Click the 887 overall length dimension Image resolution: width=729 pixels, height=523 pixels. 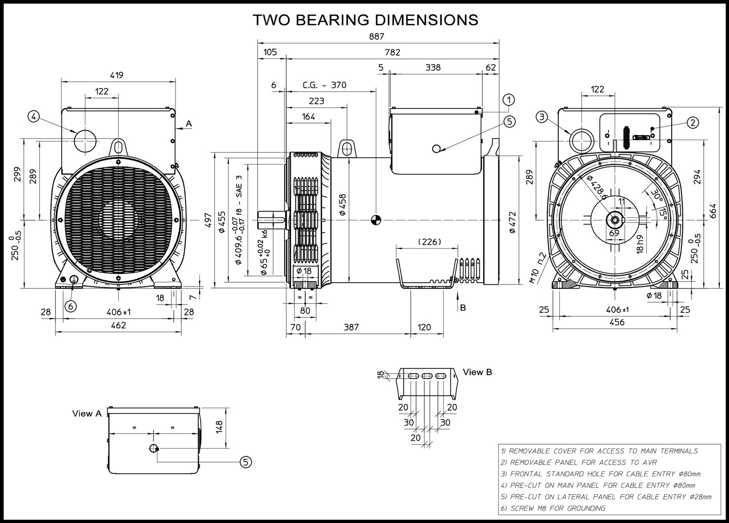(x=377, y=36)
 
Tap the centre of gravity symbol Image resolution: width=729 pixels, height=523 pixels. (x=376, y=220)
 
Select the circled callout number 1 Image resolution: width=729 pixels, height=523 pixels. (x=509, y=100)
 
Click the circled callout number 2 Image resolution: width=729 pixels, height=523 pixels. (x=693, y=123)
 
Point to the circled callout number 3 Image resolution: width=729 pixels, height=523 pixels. (x=541, y=117)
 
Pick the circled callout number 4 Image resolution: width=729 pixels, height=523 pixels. (x=34, y=117)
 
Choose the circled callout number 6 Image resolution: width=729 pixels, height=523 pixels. (x=70, y=306)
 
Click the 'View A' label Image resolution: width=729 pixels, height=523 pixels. (x=87, y=414)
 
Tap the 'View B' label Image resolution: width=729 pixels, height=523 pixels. (x=477, y=372)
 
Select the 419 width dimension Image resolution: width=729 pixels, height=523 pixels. (x=117, y=75)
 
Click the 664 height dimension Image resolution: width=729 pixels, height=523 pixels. (x=713, y=211)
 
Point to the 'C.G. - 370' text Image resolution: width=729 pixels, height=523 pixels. (x=325, y=85)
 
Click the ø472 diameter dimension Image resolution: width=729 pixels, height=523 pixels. (x=512, y=222)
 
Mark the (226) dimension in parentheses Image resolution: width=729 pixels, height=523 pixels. (x=430, y=242)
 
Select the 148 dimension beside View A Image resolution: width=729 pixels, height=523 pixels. (x=219, y=427)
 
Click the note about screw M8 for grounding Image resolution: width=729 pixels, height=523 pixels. (x=553, y=508)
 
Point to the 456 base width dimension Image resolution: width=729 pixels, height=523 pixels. (x=617, y=322)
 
